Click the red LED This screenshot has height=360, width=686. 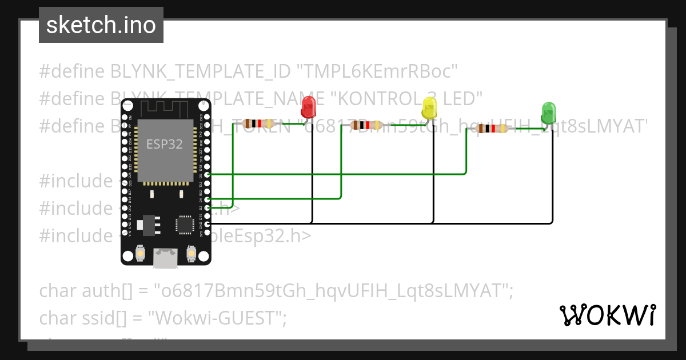tap(308, 107)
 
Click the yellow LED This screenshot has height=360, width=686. tap(429, 107)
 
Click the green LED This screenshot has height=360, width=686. tap(548, 112)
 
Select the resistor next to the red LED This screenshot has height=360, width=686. tap(256, 123)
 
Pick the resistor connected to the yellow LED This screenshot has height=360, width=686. tap(366, 125)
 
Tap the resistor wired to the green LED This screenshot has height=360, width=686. tap(492, 129)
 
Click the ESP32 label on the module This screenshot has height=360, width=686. tap(164, 144)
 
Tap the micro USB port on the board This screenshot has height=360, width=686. tap(165, 259)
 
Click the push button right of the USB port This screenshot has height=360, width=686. tap(190, 252)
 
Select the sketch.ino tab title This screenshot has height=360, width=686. tap(101, 25)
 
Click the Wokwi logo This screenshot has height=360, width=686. tap(607, 315)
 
